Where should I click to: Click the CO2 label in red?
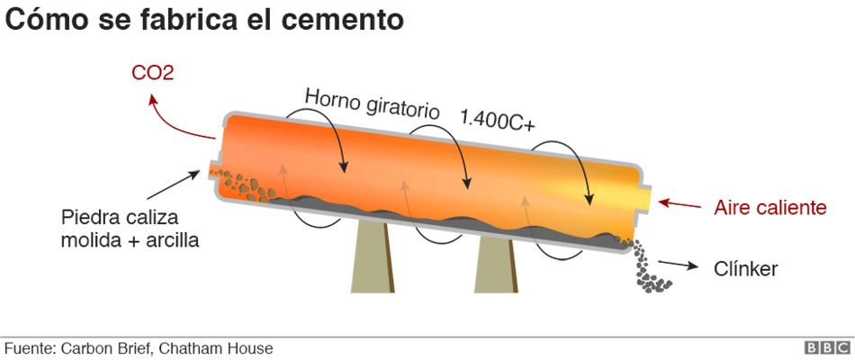pyautogui.click(x=152, y=72)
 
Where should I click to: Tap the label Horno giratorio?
pyautogui.click(x=372, y=102)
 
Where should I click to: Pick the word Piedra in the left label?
pyautogui.click(x=90, y=218)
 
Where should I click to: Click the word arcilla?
pyautogui.click(x=168, y=240)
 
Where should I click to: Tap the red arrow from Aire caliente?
pyautogui.click(x=679, y=203)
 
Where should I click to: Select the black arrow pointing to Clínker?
pyautogui.click(x=679, y=265)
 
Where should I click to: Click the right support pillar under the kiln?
pyautogui.click(x=496, y=266)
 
